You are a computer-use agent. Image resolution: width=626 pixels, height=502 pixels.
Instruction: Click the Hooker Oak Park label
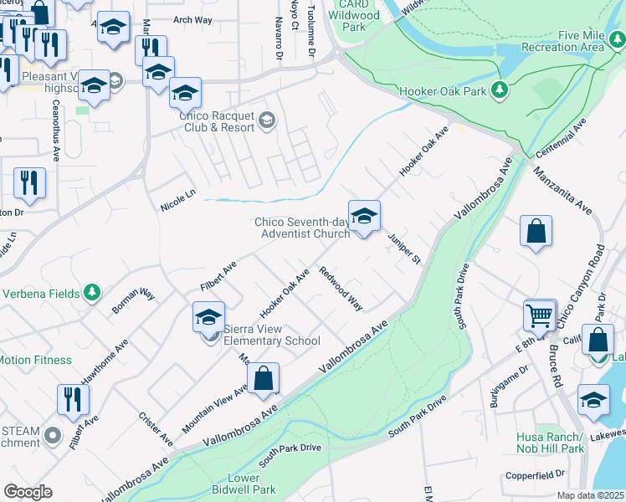(x=444, y=89)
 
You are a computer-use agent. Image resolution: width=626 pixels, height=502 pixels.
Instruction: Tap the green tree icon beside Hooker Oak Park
(x=500, y=89)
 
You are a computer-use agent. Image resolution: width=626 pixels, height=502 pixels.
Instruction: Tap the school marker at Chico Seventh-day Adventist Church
(x=364, y=218)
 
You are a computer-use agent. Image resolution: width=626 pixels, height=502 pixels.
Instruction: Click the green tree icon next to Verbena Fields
(x=92, y=293)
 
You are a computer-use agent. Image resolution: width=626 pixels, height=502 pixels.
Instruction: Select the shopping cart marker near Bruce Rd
(x=540, y=315)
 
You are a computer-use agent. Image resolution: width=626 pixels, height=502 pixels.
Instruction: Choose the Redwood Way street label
(x=341, y=289)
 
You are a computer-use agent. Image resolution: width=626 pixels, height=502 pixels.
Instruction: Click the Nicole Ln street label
(x=177, y=200)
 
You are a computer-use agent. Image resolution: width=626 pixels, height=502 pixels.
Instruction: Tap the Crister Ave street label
(x=156, y=428)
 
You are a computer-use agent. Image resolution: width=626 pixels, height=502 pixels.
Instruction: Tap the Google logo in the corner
(x=28, y=492)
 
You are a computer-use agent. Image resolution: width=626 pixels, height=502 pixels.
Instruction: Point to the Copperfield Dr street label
(x=535, y=475)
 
